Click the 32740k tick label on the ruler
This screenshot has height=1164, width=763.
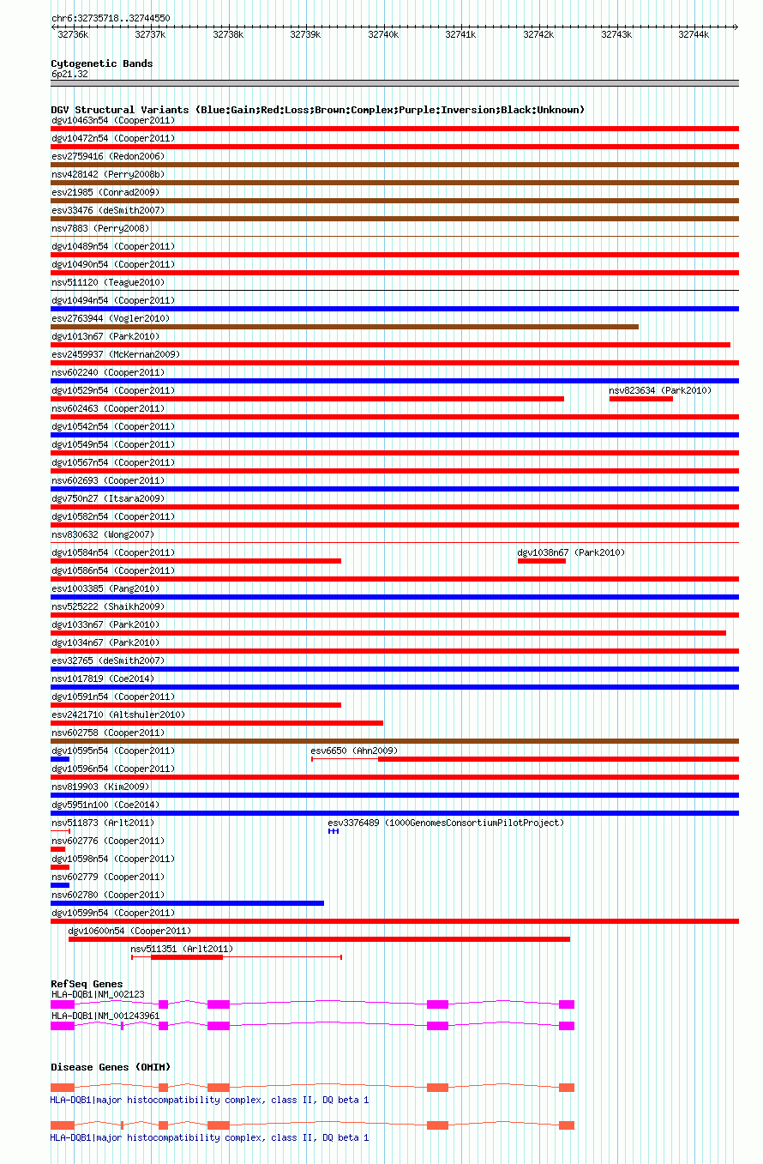[x=383, y=34]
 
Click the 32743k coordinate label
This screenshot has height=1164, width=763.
[x=616, y=34]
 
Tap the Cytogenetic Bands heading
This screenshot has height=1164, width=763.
[x=102, y=63]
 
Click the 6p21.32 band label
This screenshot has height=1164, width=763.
[x=69, y=75]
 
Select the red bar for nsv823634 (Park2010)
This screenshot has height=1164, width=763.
[x=641, y=399]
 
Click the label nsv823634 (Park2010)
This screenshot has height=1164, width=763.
[x=660, y=390]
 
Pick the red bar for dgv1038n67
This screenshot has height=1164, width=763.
[x=542, y=561]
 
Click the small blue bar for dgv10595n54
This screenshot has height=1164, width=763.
[x=60, y=759]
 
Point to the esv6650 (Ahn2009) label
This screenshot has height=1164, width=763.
[x=354, y=751]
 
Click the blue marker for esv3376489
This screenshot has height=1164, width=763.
[x=333, y=831]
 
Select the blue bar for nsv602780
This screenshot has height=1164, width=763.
[x=187, y=903]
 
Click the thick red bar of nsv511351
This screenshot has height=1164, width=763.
[x=187, y=957]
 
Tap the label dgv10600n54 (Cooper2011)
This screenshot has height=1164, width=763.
[x=129, y=931]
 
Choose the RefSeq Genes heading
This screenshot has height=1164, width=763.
[x=87, y=984]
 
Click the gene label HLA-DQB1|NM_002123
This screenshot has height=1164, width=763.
[x=98, y=994]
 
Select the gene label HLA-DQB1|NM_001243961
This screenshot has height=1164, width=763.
[x=105, y=1016]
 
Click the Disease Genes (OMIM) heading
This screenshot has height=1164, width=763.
[x=111, y=1067]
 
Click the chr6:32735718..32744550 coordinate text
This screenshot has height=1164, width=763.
[x=111, y=18]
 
